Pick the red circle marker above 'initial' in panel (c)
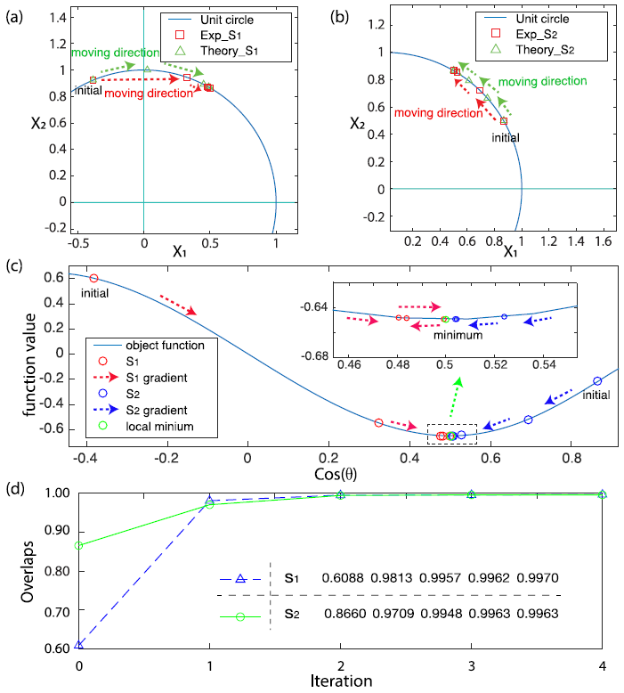click(x=94, y=279)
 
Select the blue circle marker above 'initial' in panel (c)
click(x=597, y=380)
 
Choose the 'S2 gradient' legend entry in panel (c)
click(x=182, y=410)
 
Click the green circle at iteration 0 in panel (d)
click(x=79, y=545)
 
